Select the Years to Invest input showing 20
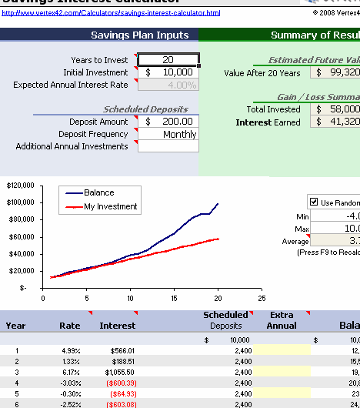pos(168,59)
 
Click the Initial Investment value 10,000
pos(168,72)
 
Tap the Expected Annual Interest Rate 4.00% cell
pos(168,85)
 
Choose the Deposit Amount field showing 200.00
pos(168,122)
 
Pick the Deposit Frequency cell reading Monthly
pos(168,134)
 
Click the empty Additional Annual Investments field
pos(168,146)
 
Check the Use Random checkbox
pos(314,202)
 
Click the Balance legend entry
pos(98,192)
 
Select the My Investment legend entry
pos(110,206)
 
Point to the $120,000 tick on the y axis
pos(21,186)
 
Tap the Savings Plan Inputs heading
pos(139,35)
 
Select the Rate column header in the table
pos(70,326)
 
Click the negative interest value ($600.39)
pos(118,383)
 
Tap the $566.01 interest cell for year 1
pos(118,350)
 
